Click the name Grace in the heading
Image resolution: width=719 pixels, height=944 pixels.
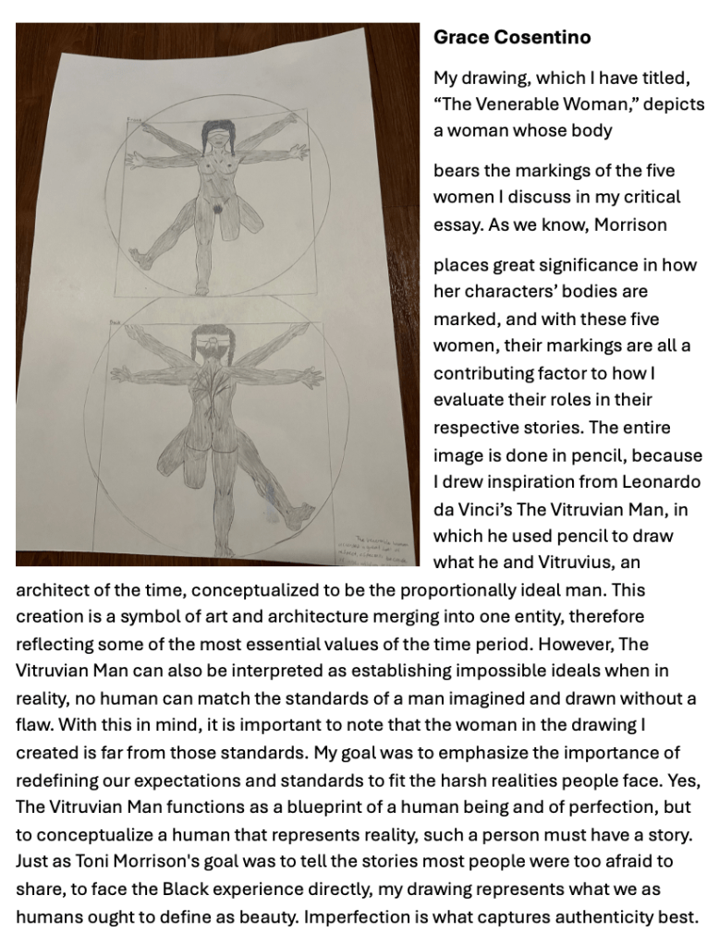point(459,38)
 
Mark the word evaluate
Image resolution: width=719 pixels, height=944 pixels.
point(470,400)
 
